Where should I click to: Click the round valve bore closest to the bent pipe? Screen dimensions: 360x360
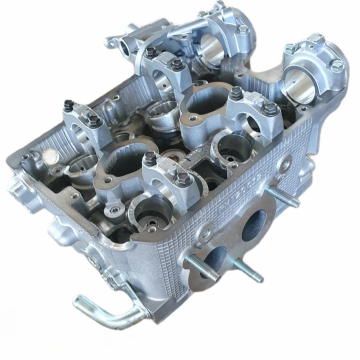(152, 212)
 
